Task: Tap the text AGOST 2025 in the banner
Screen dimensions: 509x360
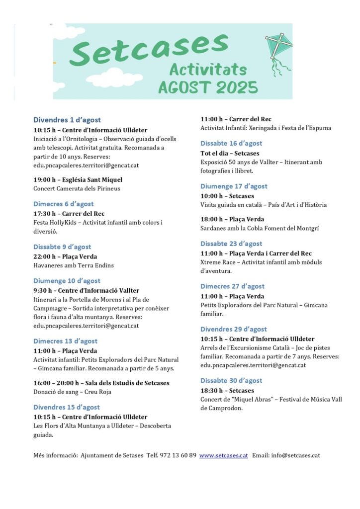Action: click(x=208, y=87)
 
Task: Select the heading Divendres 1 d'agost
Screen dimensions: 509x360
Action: click(x=67, y=120)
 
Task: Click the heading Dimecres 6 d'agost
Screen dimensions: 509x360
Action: click(x=63, y=204)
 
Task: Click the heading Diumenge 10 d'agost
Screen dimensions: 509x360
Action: click(x=67, y=281)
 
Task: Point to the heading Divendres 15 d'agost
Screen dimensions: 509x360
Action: click(x=67, y=407)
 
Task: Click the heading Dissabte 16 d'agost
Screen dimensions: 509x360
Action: click(x=231, y=144)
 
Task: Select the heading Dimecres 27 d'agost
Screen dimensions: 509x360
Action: click(x=232, y=286)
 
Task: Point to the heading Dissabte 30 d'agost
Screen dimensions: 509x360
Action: click(x=231, y=381)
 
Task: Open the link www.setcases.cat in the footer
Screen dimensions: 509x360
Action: click(x=223, y=455)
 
